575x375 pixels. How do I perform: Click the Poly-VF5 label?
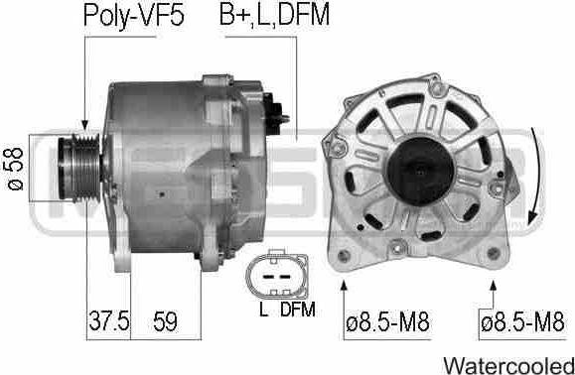[134, 15]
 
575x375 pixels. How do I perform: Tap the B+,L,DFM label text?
[274, 15]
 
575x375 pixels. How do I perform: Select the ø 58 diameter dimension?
[15, 169]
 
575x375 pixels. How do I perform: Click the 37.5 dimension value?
[109, 320]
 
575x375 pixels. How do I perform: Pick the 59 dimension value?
[165, 321]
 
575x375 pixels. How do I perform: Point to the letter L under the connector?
[263, 310]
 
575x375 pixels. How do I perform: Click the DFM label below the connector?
[298, 310]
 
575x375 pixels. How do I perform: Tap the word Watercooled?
[508, 365]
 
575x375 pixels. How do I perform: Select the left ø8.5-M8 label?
[387, 322]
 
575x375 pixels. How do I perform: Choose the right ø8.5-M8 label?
[522, 322]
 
